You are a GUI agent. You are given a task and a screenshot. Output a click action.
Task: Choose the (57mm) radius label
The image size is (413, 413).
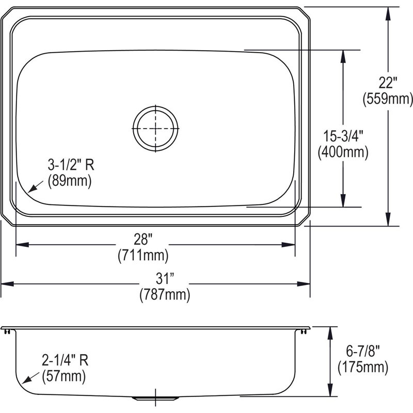coord(64,376)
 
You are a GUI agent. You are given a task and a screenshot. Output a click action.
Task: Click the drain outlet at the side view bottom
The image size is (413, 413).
coord(155,398)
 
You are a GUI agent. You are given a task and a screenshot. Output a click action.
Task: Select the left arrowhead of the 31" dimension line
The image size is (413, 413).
coord(4,283)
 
